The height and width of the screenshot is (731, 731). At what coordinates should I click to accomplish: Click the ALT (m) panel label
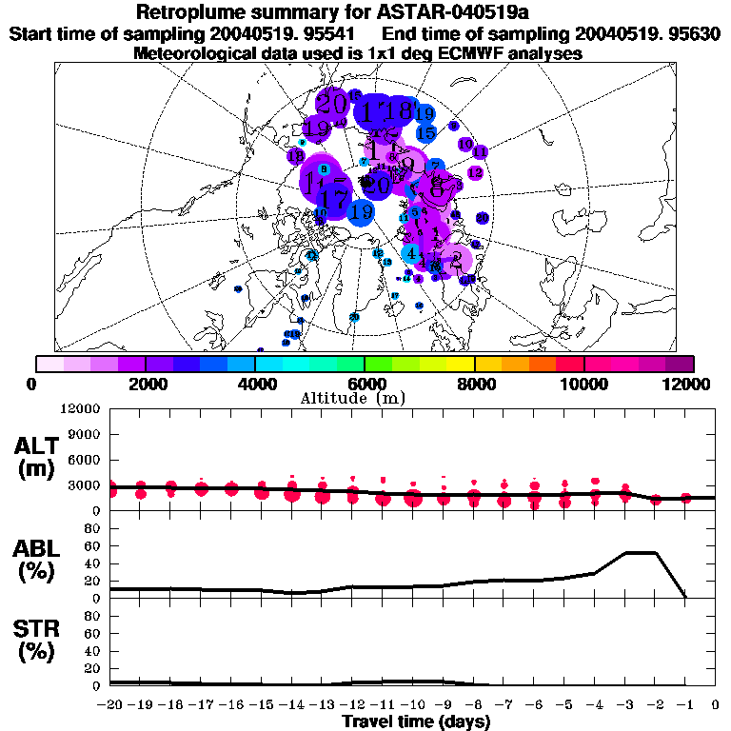coord(37,457)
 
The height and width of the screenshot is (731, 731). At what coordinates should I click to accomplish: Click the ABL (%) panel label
coord(37,560)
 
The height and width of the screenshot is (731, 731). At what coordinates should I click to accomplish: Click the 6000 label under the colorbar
coord(365,384)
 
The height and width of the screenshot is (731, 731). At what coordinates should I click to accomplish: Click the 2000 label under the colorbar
coord(145,384)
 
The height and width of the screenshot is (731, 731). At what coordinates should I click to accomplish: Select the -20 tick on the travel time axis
coord(110,705)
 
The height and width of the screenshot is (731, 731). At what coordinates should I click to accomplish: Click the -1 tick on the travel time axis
coord(685,705)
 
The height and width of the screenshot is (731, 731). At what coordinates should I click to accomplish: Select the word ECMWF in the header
coord(462,54)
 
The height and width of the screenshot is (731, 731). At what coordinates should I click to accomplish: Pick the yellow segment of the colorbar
coord(461,364)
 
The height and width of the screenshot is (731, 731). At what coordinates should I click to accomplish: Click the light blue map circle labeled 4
coord(410,254)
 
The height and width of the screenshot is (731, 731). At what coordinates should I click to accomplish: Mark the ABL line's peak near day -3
coord(640,552)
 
